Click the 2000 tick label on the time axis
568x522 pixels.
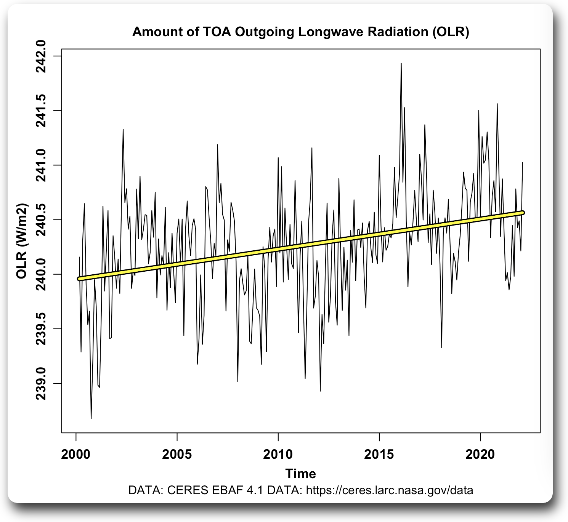click(76, 454)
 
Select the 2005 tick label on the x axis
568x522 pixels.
click(177, 454)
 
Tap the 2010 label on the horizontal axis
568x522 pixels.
click(278, 454)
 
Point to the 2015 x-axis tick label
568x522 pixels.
click(379, 454)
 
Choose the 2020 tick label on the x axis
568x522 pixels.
click(480, 454)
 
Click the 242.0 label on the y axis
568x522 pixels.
click(41, 56)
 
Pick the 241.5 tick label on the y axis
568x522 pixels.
click(41, 110)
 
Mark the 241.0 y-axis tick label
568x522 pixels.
click(41, 165)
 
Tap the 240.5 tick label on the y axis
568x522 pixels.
click(41, 219)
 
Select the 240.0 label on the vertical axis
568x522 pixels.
click(41, 274)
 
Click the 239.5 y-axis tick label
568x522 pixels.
click(41, 328)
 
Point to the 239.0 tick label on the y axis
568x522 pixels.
click(41, 383)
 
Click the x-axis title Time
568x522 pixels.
click(300, 474)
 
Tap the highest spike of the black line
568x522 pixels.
click(401, 64)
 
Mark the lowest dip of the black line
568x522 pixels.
click(91, 418)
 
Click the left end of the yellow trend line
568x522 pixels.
click(79, 279)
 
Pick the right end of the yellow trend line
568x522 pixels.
click(523, 213)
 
